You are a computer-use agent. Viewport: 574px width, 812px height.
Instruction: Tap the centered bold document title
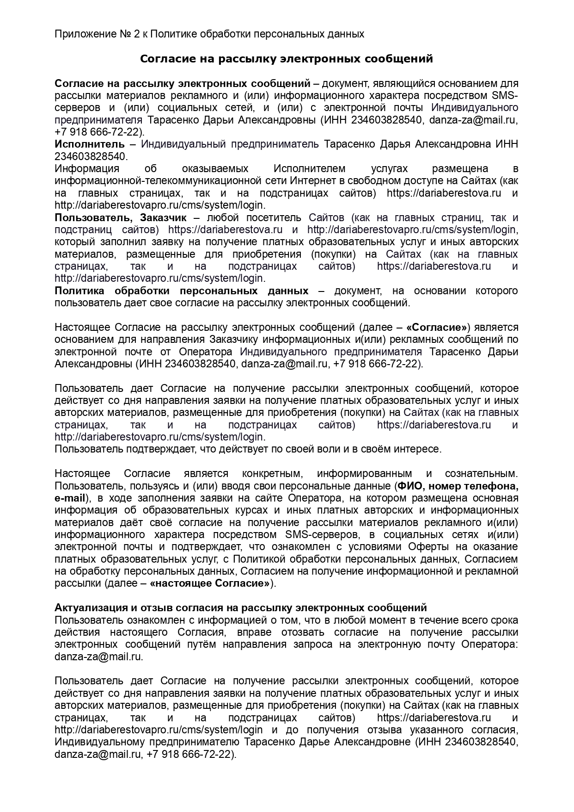(287, 59)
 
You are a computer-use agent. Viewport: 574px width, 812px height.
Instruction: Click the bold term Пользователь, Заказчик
(121, 217)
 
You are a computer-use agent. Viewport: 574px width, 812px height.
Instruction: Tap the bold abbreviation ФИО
(409, 486)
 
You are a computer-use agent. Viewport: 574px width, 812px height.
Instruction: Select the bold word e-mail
(70, 498)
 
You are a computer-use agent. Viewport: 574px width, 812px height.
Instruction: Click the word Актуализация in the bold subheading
(85, 607)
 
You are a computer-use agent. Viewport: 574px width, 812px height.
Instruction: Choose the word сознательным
(481, 474)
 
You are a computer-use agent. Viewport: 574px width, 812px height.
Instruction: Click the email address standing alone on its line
(98, 657)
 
